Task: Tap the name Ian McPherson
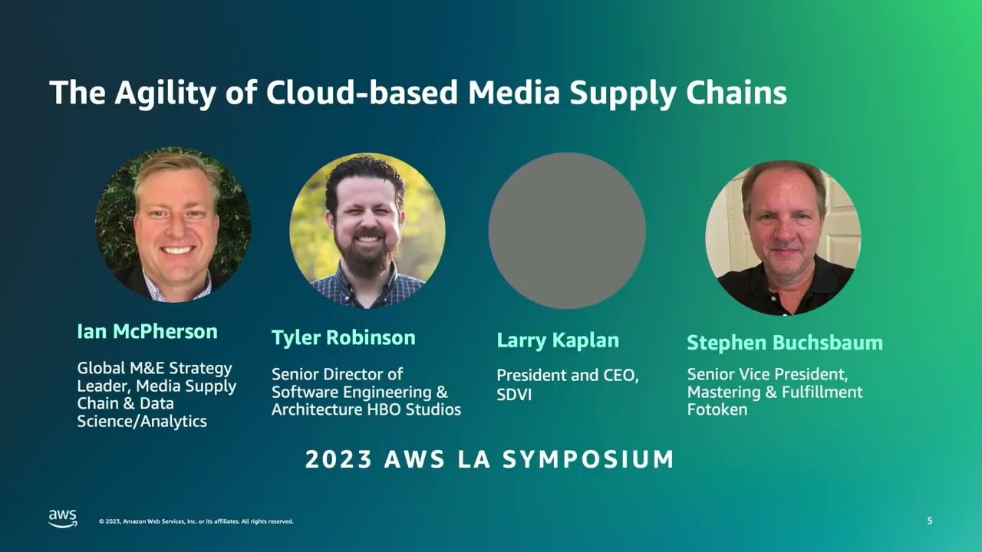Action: pos(147,332)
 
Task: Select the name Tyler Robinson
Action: pos(343,338)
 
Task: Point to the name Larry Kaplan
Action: pos(558,340)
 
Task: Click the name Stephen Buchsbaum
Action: pos(784,343)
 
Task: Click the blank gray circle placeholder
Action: pos(567,231)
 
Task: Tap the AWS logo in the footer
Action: pos(63,518)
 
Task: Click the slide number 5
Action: pos(930,521)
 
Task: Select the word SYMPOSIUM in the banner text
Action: pos(588,459)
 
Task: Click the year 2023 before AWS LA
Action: pos(338,459)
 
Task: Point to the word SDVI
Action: pos(514,395)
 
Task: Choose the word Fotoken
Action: pos(717,409)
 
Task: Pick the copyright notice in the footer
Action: pos(196,521)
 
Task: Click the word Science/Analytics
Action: pos(142,422)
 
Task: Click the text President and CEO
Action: pos(568,376)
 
